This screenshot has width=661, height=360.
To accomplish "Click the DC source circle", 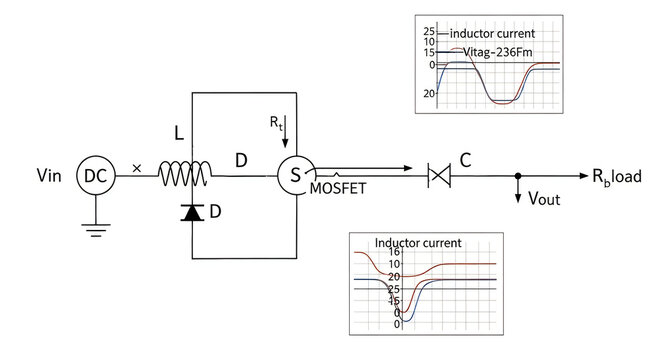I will click(x=95, y=176).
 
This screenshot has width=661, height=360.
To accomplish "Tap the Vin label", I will click(x=48, y=176).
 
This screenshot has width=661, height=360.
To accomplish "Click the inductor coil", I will click(x=184, y=176).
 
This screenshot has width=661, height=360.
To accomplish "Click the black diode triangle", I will click(x=191, y=211).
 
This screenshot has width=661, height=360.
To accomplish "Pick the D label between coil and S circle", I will click(x=241, y=160).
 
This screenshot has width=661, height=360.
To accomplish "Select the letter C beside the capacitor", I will click(x=465, y=157).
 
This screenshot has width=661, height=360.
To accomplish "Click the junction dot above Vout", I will click(x=518, y=176).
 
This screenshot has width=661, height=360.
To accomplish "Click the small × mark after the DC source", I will click(x=137, y=170).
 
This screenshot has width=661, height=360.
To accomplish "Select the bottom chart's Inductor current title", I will click(x=417, y=242).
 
